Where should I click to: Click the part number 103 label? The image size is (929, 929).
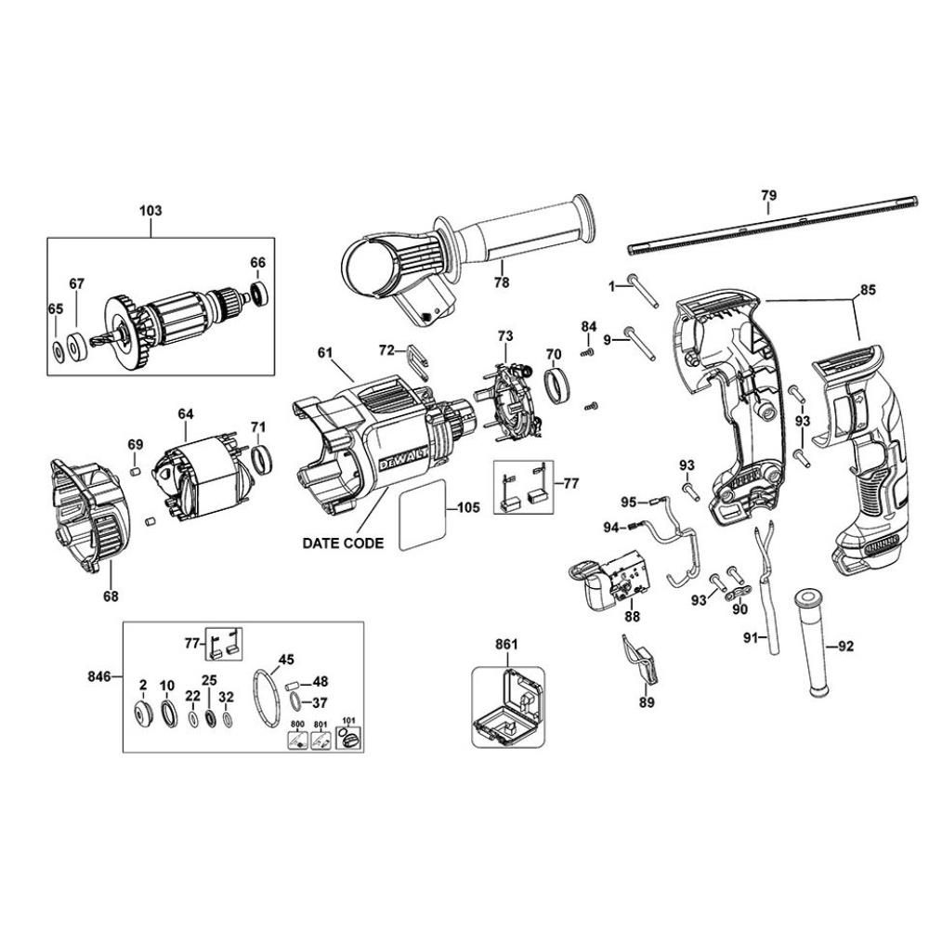[x=150, y=211]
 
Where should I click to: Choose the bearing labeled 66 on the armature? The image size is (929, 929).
[x=261, y=294]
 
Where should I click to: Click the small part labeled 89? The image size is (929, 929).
[x=640, y=659]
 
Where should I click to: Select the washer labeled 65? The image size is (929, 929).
[x=58, y=351]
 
